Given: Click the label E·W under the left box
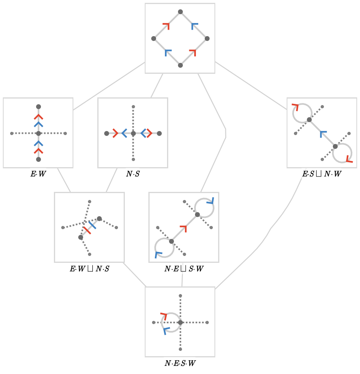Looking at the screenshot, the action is click(38, 174).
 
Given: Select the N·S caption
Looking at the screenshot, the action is click(133, 174).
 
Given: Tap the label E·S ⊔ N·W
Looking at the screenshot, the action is click(322, 174).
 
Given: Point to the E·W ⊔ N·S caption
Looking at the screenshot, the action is click(90, 269).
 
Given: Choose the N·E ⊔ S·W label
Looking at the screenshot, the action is click(184, 269).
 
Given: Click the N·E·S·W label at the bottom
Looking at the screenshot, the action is click(180, 363).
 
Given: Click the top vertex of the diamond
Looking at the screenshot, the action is click(180, 12).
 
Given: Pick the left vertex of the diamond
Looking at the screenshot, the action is click(154, 39).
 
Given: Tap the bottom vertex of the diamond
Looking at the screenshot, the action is click(180, 65).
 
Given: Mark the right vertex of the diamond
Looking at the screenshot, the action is click(207, 39).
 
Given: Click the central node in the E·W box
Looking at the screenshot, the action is click(39, 133).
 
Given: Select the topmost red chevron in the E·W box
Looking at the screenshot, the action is click(39, 117).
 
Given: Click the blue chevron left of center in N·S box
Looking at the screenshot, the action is click(124, 133).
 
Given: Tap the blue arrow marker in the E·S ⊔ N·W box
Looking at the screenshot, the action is click(323, 134).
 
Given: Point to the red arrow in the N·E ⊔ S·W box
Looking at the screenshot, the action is click(184, 228).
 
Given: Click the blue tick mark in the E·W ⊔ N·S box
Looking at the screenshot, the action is click(92, 225).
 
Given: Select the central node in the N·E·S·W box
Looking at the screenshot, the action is click(180, 322).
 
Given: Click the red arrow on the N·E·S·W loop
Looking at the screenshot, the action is click(164, 316).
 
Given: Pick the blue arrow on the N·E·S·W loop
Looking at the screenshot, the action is click(166, 331).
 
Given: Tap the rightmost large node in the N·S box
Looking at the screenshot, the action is click(159, 133).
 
